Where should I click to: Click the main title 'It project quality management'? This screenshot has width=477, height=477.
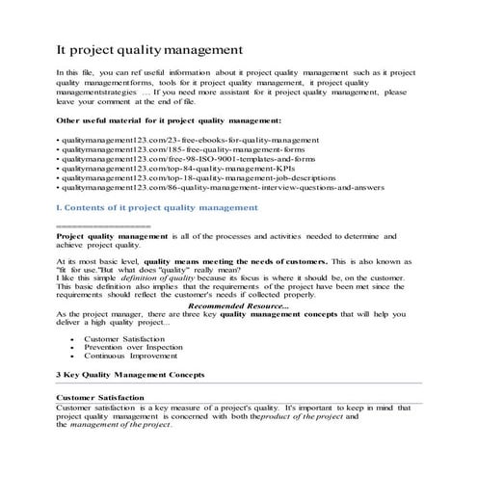[x=148, y=47]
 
